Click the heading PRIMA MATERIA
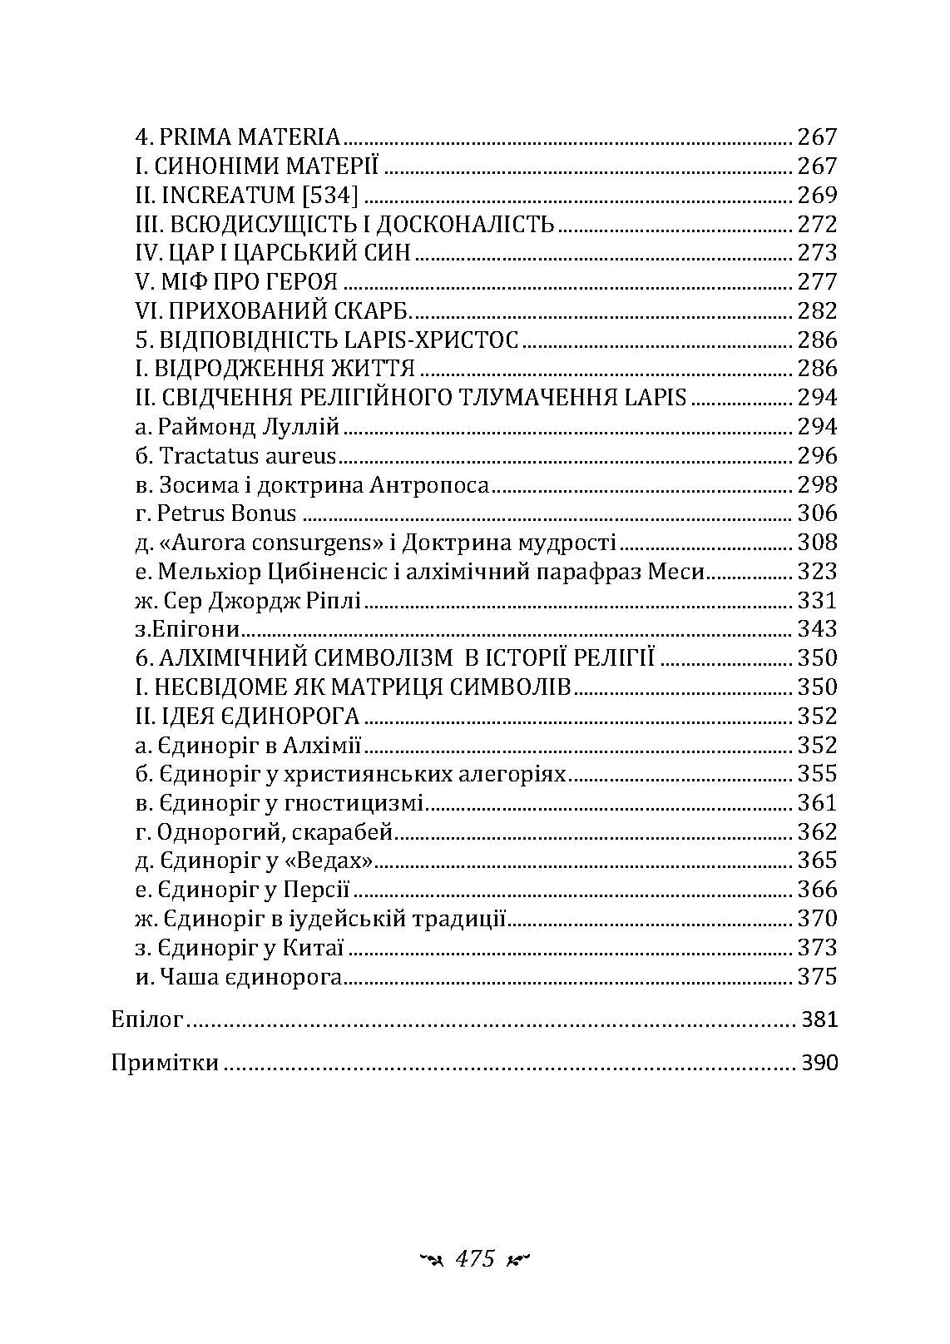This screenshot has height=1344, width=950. (x=249, y=137)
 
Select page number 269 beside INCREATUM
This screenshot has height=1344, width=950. (x=817, y=196)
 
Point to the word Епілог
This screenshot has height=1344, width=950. (x=146, y=1019)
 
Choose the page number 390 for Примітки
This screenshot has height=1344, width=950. (x=819, y=1063)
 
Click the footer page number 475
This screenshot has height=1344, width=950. (x=475, y=1258)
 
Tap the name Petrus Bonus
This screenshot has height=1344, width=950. (x=226, y=513)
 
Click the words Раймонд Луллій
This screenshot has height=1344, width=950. (x=249, y=427)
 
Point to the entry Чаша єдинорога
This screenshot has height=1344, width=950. (x=250, y=977)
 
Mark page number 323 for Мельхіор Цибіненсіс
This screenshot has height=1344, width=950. (x=817, y=572)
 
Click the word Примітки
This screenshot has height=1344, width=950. (x=165, y=1063)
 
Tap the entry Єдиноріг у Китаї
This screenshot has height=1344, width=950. (x=250, y=948)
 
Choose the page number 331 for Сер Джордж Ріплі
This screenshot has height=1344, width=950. (x=817, y=601)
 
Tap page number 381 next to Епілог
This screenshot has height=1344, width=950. (x=819, y=1019)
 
